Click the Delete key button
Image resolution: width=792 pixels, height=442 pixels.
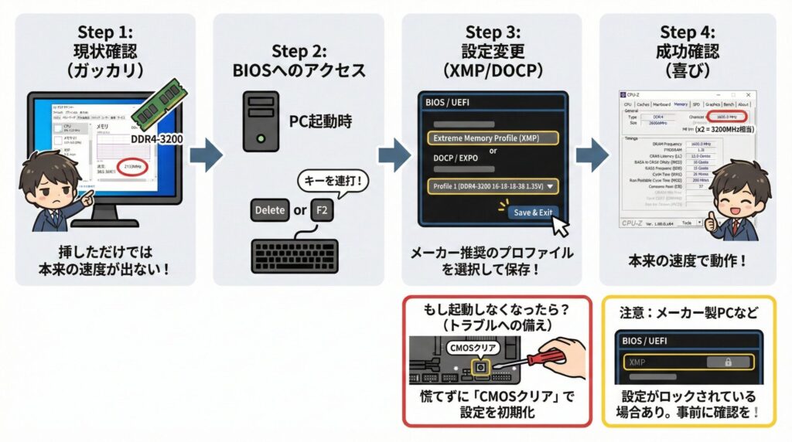pos(269,209)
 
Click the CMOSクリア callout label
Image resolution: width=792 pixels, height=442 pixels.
pos(470,347)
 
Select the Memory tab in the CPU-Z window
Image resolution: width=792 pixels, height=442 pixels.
pos(681,104)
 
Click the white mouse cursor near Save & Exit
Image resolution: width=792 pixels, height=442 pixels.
pos(559,224)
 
